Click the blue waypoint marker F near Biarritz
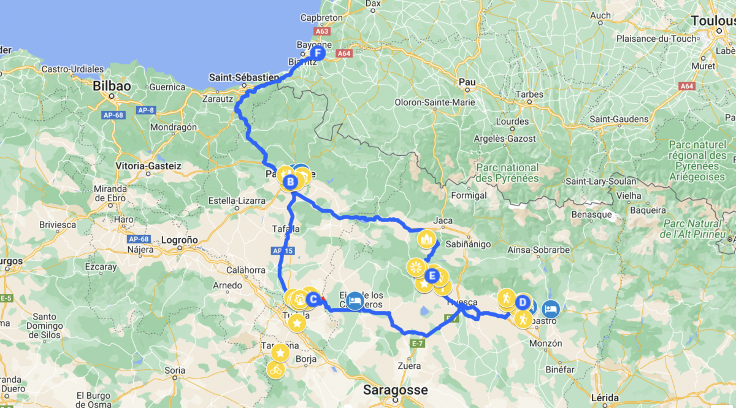pos(317,53)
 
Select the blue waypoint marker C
pos(312,299)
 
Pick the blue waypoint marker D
pos(523,302)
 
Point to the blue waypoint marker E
pos(432,276)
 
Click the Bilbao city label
pos(112,87)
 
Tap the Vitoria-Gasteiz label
pos(148,166)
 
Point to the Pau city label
pos(467,81)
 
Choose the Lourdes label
pos(512,121)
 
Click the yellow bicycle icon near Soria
pos(276,369)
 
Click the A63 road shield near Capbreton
pos(321,31)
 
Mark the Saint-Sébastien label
pos(243,78)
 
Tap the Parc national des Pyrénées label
pos(507,173)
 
